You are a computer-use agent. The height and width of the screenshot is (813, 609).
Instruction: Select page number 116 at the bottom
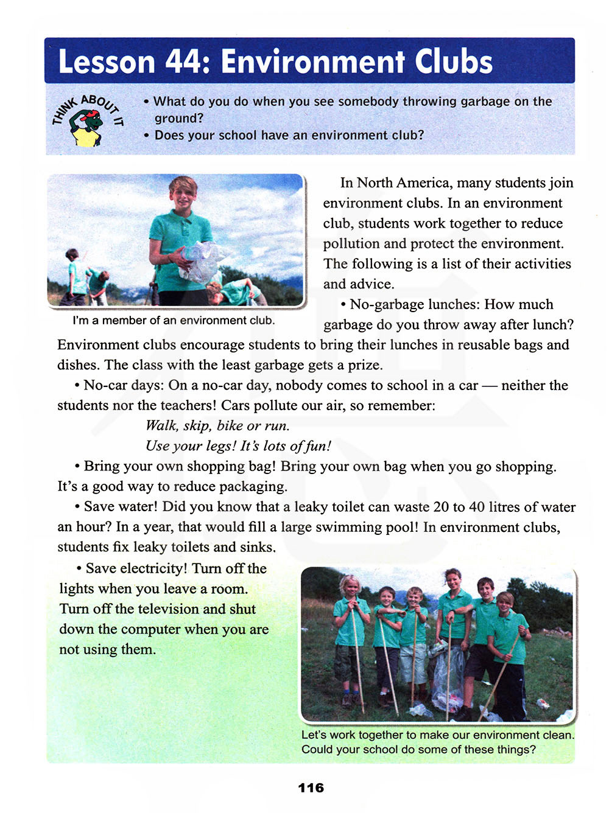point(311,787)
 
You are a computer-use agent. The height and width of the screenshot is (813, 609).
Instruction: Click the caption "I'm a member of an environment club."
point(174,320)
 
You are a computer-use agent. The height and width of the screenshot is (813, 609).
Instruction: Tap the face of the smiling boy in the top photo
point(183,195)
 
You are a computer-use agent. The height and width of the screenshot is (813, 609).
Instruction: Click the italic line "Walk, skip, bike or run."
point(217,425)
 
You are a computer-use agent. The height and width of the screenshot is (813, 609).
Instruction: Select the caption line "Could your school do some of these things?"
point(418,749)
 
